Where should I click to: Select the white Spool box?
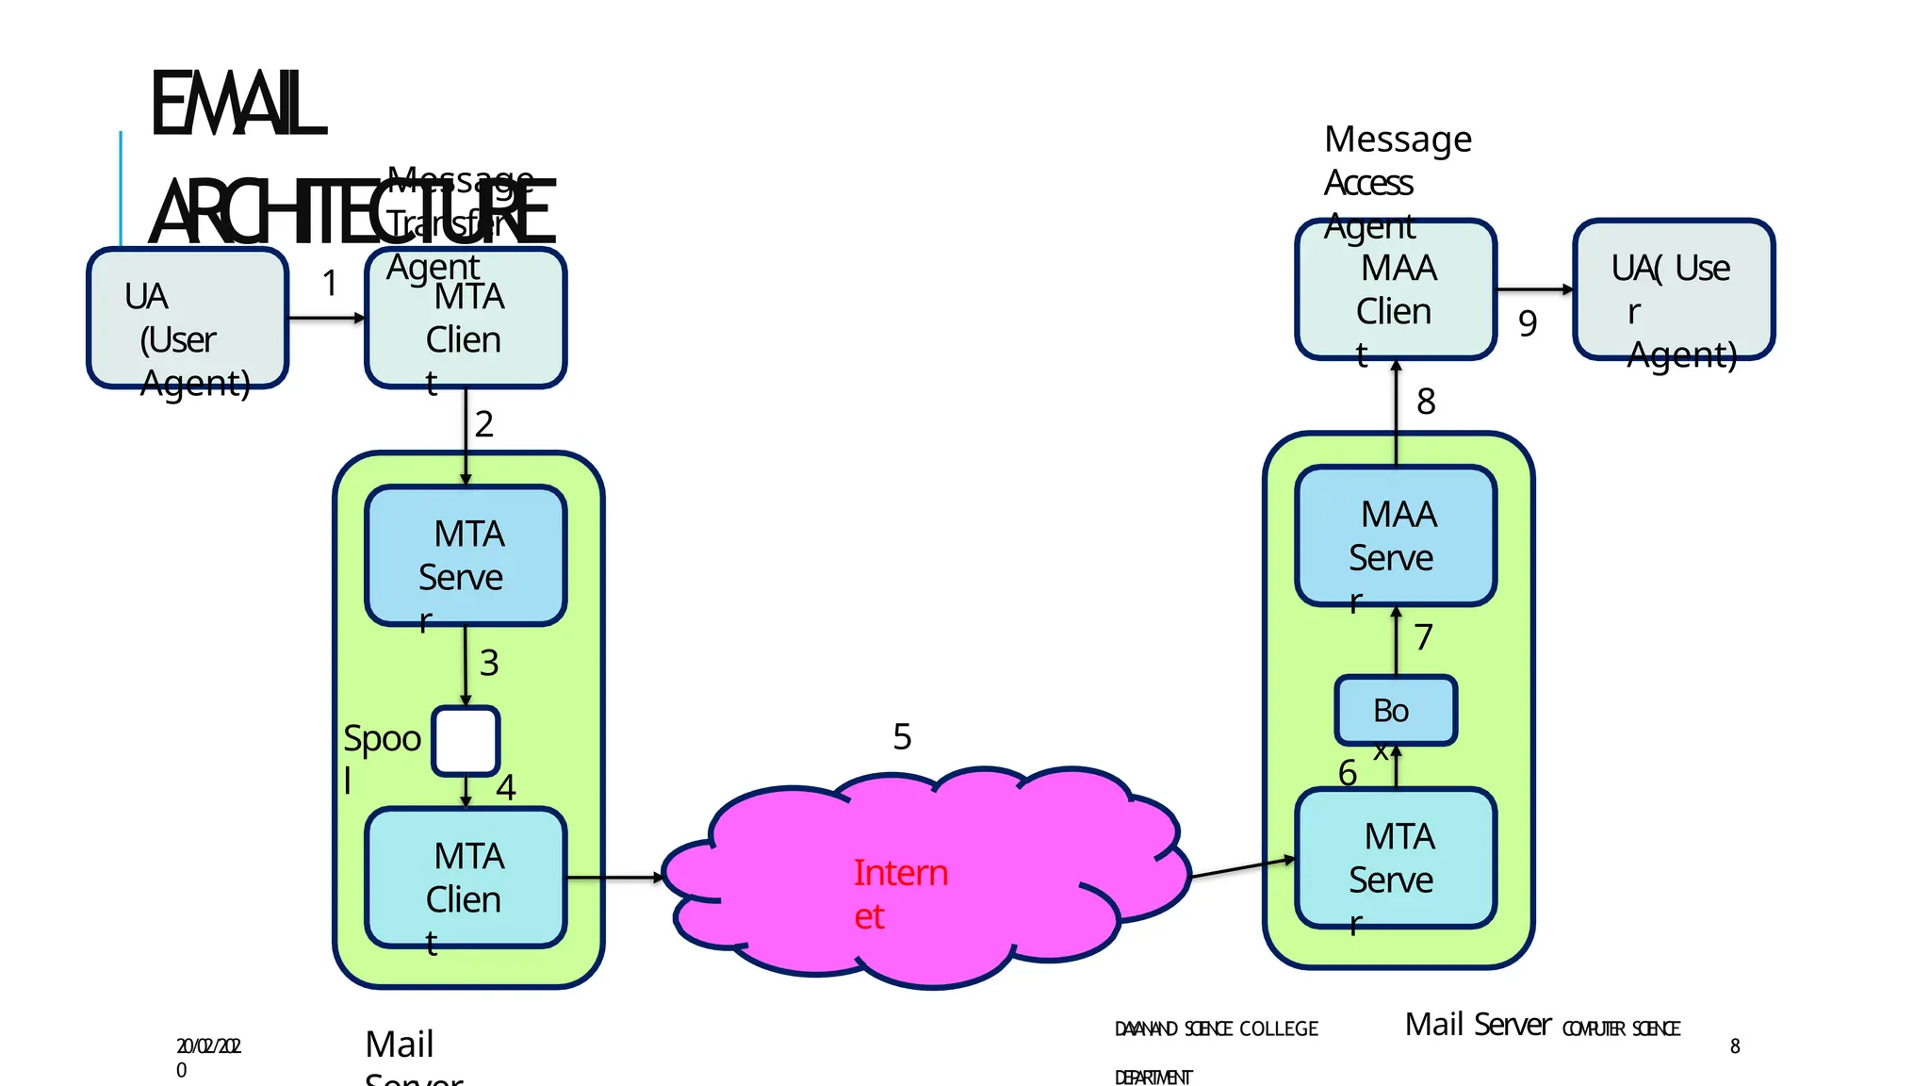[466, 741]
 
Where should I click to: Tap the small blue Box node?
[1396, 710]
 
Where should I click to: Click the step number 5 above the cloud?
[902, 736]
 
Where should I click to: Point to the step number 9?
[1528, 323]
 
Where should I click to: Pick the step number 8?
[1426, 402]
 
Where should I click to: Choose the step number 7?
[1423, 637]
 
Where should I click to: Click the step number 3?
[488, 663]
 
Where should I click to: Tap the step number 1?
[330, 283]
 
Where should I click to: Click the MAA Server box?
[1396, 535]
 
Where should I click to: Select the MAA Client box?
[1396, 289]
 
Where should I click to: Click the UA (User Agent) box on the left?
[188, 319]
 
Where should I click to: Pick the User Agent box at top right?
[1674, 289]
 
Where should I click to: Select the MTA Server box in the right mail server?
[1396, 858]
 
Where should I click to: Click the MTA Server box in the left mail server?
[466, 555]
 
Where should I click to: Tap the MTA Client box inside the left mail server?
[466, 878]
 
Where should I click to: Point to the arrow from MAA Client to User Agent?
[1534, 289]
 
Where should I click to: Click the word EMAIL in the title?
[237, 104]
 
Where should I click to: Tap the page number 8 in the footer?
[1735, 1045]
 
